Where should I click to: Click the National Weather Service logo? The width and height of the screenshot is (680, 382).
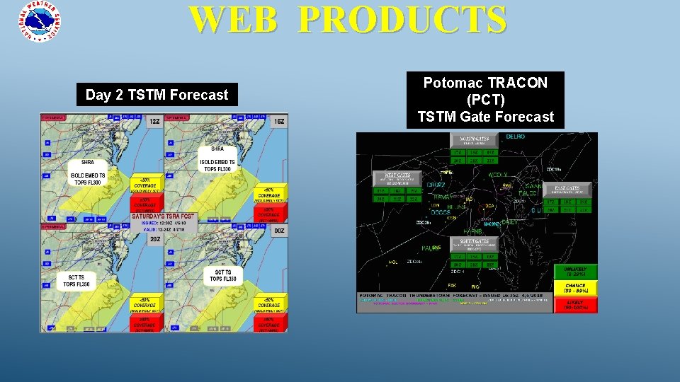pyautogui.click(x=40, y=22)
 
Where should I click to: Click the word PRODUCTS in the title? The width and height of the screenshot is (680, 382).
pyautogui.click(x=402, y=20)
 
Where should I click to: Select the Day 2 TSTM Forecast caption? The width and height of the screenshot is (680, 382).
pyautogui.click(x=157, y=95)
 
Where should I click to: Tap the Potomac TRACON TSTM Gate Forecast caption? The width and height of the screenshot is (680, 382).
pyautogui.click(x=485, y=100)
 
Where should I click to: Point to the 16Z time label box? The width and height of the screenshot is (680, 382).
pyautogui.click(x=279, y=122)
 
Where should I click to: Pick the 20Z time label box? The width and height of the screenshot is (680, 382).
pyautogui.click(x=154, y=239)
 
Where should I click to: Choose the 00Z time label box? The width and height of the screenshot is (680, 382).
pyautogui.click(x=279, y=231)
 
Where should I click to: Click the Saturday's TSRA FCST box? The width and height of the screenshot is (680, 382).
pyautogui.click(x=164, y=216)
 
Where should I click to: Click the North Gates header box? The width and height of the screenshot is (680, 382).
pyautogui.click(x=474, y=140)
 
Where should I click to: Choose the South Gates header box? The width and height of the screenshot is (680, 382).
pyautogui.click(x=474, y=245)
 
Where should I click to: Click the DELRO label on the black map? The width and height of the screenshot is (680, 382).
pyautogui.click(x=515, y=137)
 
